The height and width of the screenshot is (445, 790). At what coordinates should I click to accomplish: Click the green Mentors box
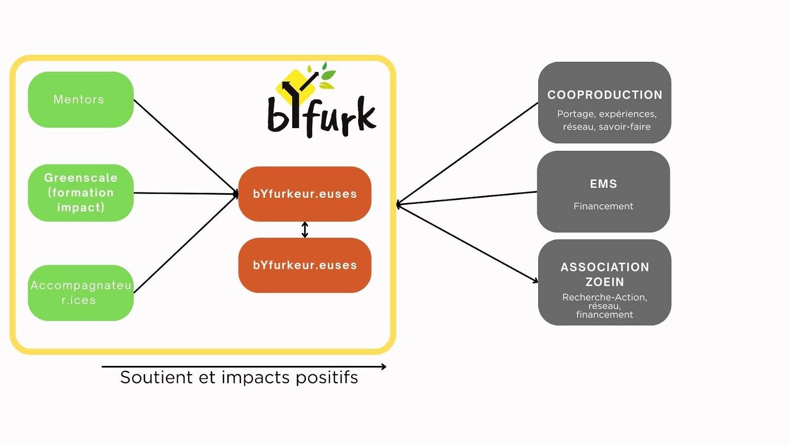[81, 99]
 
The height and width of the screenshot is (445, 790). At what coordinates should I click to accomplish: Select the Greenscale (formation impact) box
[81, 193]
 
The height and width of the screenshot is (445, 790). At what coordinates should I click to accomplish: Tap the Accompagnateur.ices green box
[81, 293]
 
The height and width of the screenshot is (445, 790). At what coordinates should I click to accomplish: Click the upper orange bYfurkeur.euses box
[305, 194]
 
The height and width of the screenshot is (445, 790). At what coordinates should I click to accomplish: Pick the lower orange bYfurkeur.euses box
[305, 265]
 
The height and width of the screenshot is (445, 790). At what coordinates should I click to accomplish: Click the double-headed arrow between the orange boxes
[305, 229]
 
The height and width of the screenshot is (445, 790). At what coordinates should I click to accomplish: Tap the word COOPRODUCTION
[605, 94]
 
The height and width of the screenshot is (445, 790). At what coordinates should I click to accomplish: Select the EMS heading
[603, 183]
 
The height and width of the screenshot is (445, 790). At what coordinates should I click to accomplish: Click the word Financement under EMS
[603, 206]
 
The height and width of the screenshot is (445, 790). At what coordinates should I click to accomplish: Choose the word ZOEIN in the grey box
[605, 282]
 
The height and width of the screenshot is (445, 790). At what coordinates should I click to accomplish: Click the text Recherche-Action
[604, 297]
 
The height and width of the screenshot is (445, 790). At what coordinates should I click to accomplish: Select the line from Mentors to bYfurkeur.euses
[186, 146]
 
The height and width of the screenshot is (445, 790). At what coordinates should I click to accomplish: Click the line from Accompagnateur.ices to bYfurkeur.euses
[186, 244]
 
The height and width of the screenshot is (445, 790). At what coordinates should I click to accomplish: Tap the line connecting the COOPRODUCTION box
[467, 154]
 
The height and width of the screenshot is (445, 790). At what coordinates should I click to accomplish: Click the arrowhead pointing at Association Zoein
[535, 281]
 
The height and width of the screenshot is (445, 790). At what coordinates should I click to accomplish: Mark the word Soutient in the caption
[156, 377]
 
